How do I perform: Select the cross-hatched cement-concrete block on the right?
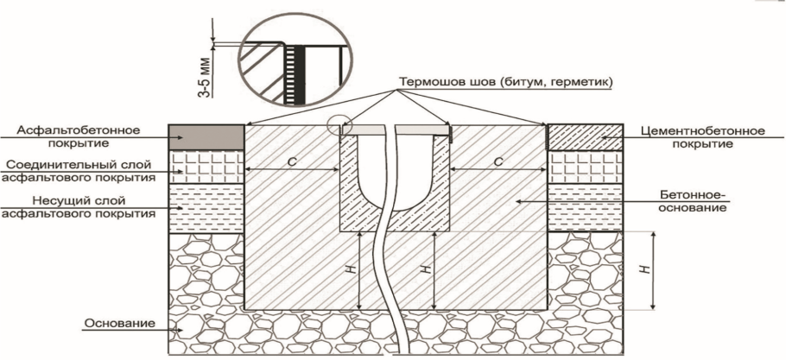pos(578,137)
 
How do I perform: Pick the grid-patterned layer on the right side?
pos(578,167)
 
